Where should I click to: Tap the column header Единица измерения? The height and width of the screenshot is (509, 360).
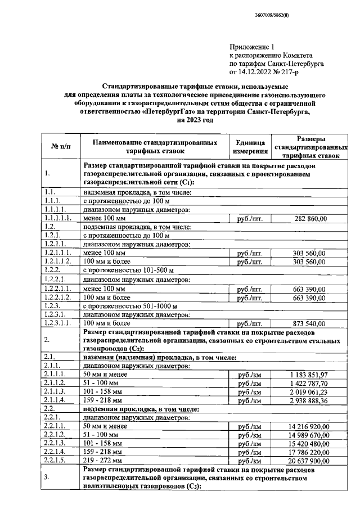point(250,147)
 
